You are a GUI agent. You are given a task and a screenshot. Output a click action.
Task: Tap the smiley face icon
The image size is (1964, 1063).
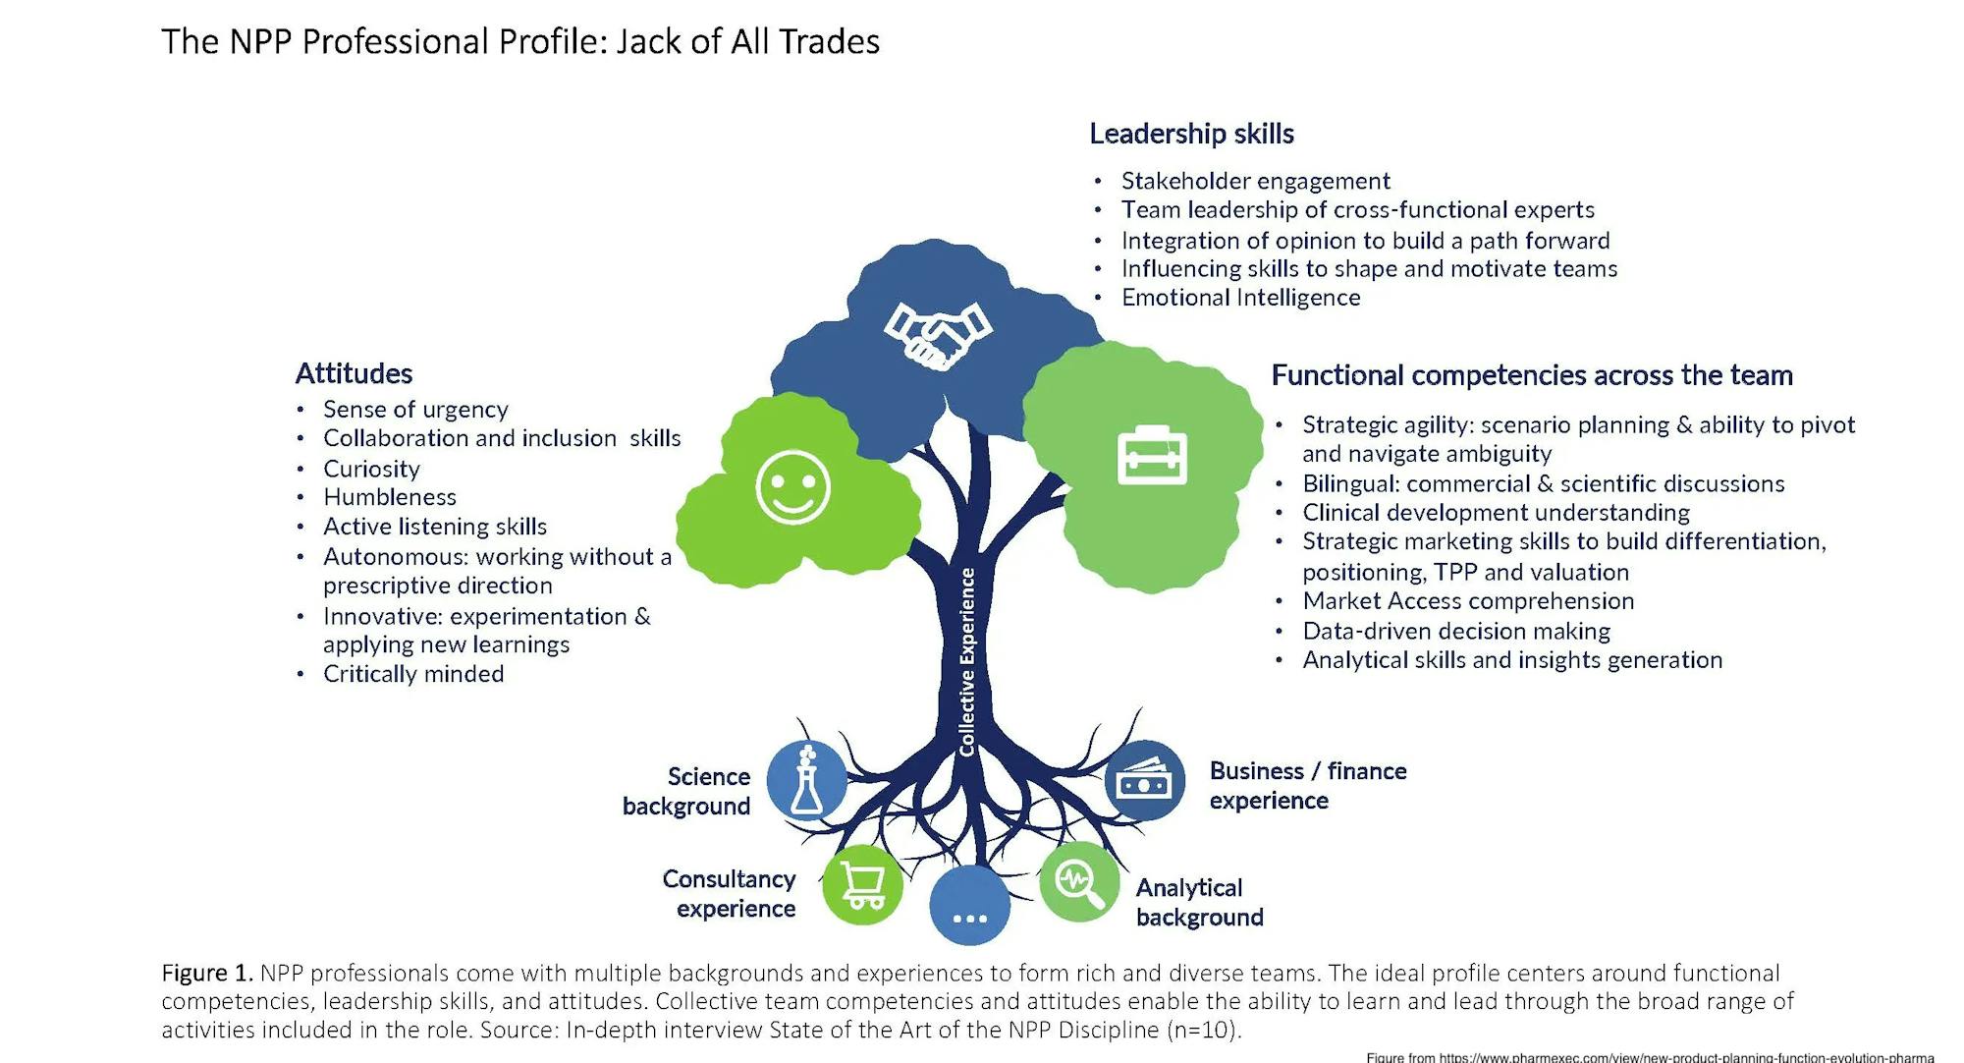point(792,487)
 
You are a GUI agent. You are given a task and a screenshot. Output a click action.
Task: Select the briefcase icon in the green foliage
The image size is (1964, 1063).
point(1152,456)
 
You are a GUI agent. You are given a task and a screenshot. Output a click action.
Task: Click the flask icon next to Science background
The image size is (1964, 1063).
point(806,782)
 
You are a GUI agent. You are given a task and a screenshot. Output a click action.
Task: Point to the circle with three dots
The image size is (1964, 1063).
point(969,906)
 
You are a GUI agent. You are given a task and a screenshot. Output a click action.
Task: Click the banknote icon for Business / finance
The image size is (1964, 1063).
point(1144,781)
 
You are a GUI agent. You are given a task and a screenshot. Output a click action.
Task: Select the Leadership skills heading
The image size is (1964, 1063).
point(1191,134)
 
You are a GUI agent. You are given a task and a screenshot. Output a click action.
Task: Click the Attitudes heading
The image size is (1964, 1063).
point(354,373)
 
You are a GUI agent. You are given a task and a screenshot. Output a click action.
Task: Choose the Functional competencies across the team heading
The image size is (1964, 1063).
point(1531,375)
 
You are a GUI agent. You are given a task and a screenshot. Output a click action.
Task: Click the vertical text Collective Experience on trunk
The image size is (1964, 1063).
point(967,662)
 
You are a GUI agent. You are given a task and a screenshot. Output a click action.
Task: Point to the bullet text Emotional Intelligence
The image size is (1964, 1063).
point(1240,298)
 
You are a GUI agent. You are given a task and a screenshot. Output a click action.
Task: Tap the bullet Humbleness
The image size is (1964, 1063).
point(389,497)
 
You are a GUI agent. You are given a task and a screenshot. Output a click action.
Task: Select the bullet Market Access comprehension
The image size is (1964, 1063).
point(1467,601)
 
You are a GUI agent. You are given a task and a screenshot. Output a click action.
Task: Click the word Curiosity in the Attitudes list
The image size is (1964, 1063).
point(371,469)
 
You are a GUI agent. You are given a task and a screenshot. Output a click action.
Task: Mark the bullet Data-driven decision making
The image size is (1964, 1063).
point(1455,631)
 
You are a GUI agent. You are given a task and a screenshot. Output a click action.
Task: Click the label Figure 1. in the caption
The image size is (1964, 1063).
point(207,973)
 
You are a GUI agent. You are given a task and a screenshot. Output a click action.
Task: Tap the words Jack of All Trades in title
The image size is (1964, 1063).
point(747,42)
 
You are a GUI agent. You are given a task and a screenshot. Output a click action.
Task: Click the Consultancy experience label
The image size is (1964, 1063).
point(730,893)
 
